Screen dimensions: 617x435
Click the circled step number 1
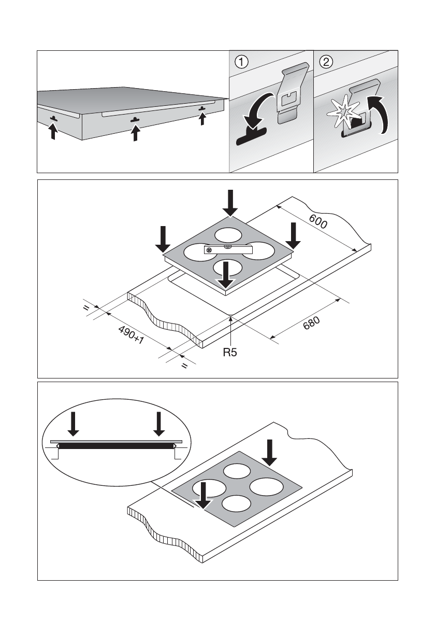click(x=241, y=62)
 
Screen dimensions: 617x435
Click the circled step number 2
click(x=326, y=62)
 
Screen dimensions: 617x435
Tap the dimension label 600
click(x=318, y=221)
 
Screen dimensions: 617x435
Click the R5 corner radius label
click(x=230, y=353)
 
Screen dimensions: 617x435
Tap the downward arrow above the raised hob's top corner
click(x=231, y=202)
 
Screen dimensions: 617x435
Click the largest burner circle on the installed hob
click(x=267, y=487)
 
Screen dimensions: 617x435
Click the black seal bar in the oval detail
click(x=115, y=445)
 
